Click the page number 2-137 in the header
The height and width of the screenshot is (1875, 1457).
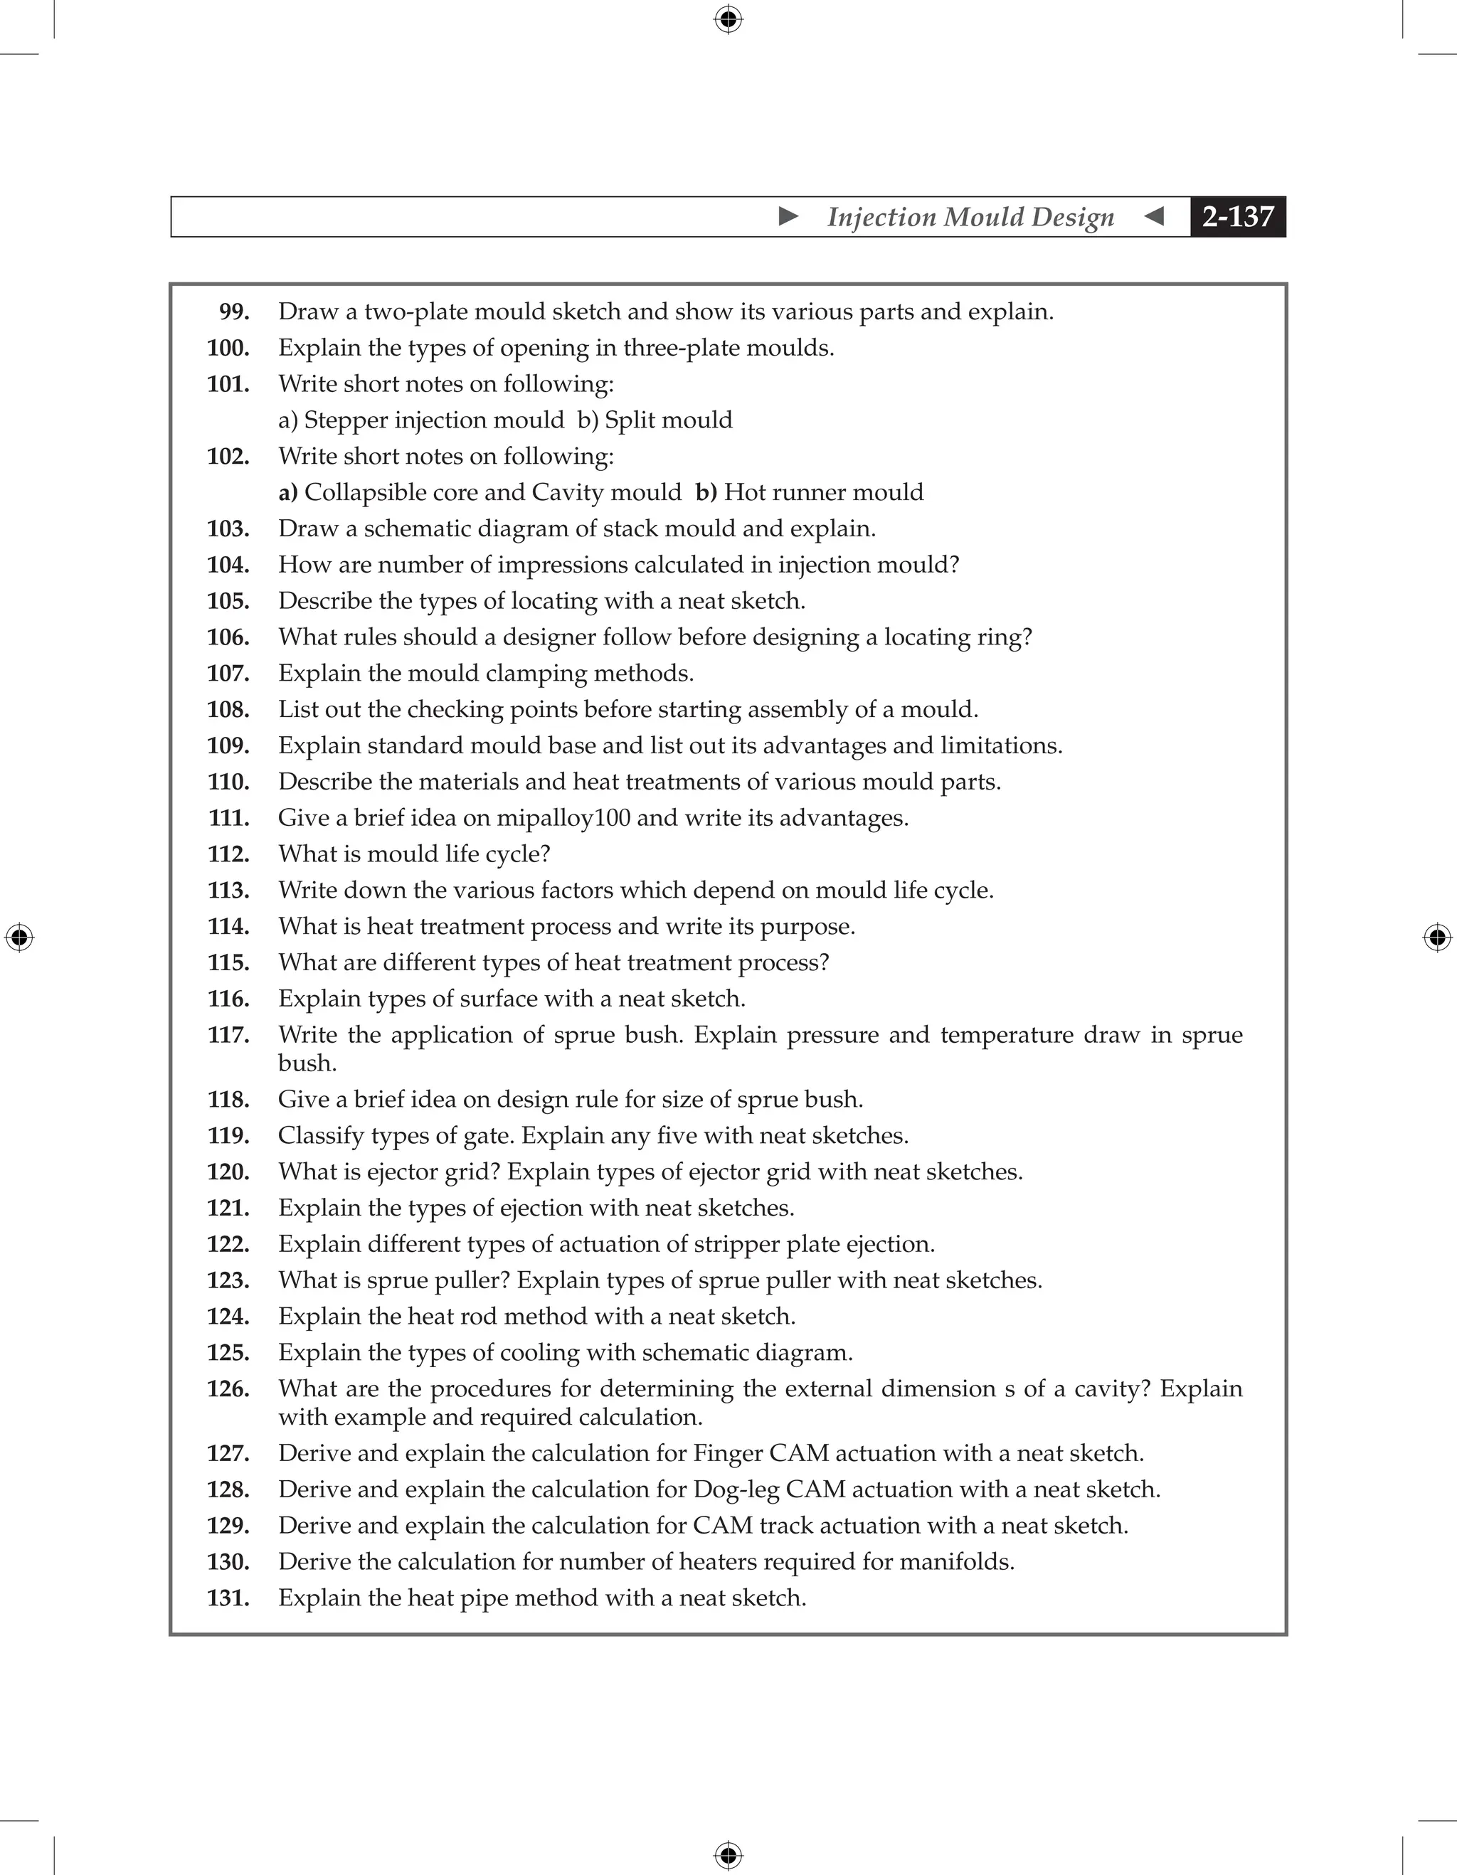point(1237,216)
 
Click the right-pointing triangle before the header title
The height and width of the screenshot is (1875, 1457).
point(788,216)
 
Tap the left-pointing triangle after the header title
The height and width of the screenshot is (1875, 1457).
point(1155,216)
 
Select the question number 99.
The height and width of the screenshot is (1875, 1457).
point(234,312)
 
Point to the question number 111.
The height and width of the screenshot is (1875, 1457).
point(228,818)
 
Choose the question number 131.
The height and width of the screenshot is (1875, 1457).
point(228,1598)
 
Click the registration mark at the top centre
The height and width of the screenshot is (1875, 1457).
point(728,19)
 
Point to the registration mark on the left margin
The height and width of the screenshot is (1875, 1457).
point(19,937)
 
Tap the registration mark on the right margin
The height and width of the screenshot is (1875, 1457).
point(1437,937)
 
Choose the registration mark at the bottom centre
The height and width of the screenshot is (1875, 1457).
point(728,1856)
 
